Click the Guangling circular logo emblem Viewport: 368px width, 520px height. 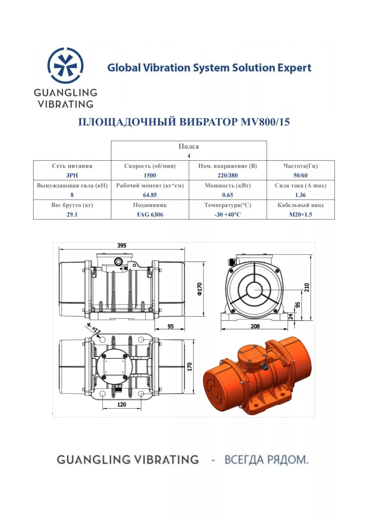coord(65,65)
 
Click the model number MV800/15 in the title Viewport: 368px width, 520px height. coord(265,122)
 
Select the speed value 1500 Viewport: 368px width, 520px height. coord(150,175)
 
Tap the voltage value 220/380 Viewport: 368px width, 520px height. coord(227,175)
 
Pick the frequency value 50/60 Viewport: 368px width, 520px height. coord(300,175)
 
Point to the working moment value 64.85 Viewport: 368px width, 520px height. coord(150,195)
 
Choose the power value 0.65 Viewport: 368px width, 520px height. coord(227,195)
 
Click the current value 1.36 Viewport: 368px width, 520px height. coord(300,195)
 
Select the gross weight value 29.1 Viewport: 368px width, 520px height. coord(72,214)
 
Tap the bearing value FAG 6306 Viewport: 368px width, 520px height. coord(150,214)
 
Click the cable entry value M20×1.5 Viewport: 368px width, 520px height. coord(300,214)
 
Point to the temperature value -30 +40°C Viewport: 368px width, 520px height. coord(227,214)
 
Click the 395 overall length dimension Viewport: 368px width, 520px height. coord(122,245)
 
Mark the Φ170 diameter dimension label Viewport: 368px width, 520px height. coord(199,289)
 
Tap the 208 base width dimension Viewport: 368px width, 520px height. coord(255,327)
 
